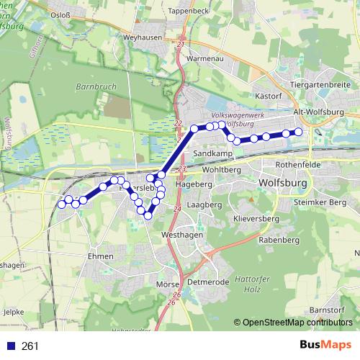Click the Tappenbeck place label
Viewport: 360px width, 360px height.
point(188,11)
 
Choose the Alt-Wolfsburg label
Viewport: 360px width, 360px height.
point(320,113)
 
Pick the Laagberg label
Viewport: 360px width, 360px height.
point(204,205)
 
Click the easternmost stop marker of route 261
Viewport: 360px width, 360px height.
point(298,132)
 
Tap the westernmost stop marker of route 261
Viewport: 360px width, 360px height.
point(61,204)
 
